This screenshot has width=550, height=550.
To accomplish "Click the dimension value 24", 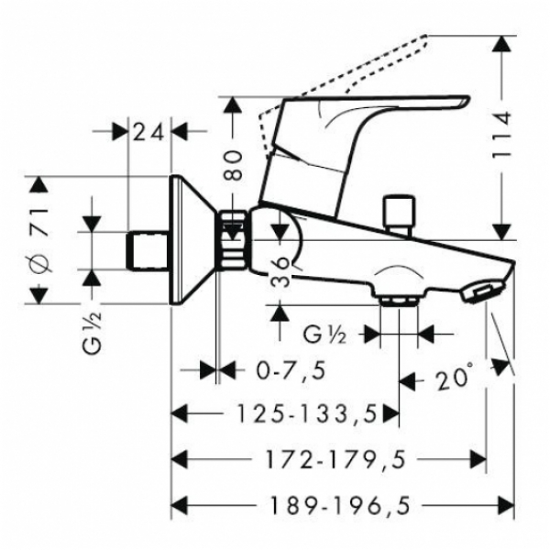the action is pos(148,133).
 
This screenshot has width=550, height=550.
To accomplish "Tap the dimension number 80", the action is pos(234,165).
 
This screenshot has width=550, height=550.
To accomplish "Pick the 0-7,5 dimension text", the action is pos(291,370).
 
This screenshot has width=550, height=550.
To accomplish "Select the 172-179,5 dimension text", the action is pos(335,459).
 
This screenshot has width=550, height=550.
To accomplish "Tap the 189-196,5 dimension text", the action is pos(340,506).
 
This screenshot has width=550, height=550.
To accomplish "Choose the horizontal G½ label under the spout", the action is pos(324,335).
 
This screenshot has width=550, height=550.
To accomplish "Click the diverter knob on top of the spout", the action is pos(400,214).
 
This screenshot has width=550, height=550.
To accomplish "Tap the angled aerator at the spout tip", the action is pos(483,291).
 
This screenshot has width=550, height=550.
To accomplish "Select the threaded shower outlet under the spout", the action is pos(399,301).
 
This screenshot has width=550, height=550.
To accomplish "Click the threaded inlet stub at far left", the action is pos(148,251).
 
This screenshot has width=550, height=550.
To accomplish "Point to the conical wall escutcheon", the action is pos(192,240).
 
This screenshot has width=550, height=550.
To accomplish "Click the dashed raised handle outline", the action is pos(344,94).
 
